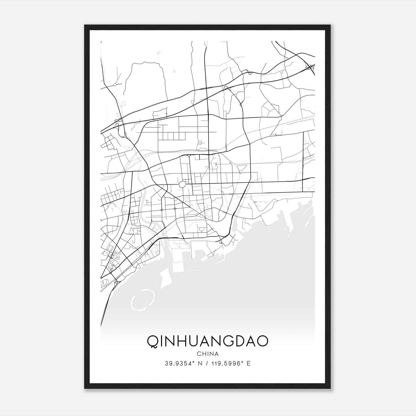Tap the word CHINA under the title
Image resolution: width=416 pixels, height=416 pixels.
(208, 354)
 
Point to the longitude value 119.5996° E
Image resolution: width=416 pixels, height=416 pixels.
(231, 363)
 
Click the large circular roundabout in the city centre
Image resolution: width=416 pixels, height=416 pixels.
(182, 185)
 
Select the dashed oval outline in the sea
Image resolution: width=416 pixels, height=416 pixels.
(143, 300)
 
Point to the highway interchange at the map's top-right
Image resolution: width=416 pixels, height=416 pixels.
(310, 67)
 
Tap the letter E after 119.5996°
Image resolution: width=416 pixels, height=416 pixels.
(249, 363)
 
